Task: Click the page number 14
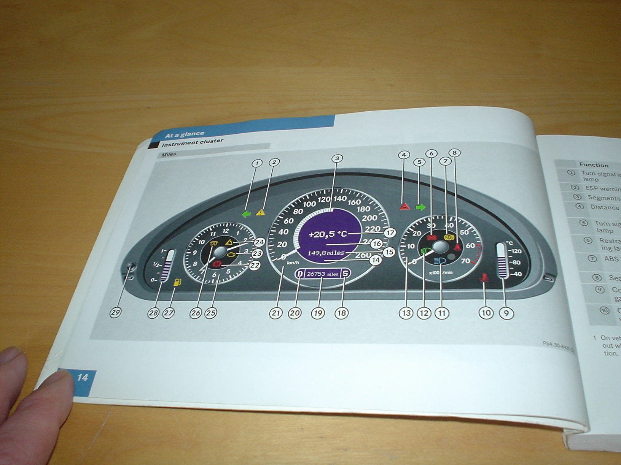pyautogui.click(x=83, y=377)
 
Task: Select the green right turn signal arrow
pyautogui.click(x=420, y=207)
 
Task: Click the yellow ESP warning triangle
pyautogui.click(x=261, y=212)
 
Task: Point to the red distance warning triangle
pyautogui.click(x=404, y=207)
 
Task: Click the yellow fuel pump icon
pyautogui.click(x=177, y=282)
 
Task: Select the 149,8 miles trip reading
pyautogui.click(x=326, y=253)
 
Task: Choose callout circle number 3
pyautogui.click(x=337, y=158)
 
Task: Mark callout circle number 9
pyautogui.click(x=506, y=313)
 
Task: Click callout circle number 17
pyautogui.click(x=390, y=232)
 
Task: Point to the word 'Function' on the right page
pyautogui.click(x=594, y=165)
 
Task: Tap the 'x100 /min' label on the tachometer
pyautogui.click(x=441, y=272)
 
